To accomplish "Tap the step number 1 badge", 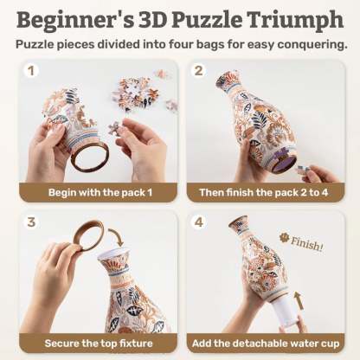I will [x=32, y=71].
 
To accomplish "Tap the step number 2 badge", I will [x=200, y=71].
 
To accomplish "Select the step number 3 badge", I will [x=32, y=222].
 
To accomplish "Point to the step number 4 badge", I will [x=200, y=222].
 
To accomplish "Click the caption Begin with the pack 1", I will [x=95, y=192].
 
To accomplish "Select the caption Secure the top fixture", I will [x=95, y=343].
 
